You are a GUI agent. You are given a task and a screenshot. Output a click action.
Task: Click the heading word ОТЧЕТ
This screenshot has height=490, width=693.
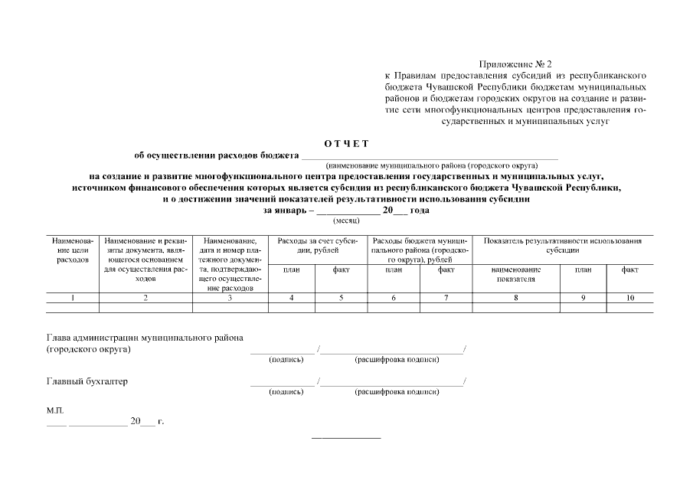coord(346,144)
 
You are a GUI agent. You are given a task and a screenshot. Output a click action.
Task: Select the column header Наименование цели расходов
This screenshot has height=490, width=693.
coord(73,250)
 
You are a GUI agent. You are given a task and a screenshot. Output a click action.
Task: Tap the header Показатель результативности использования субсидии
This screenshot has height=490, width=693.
coord(563,245)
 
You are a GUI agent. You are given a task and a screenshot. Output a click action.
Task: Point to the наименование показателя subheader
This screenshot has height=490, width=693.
coord(515,275)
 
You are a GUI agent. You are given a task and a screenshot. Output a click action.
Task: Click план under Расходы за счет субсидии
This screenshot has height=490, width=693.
coord(291,270)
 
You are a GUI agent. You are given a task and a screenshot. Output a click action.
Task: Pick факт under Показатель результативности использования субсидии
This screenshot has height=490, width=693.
coord(629,270)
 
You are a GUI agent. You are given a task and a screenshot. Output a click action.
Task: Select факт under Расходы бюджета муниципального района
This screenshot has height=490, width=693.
coord(446,270)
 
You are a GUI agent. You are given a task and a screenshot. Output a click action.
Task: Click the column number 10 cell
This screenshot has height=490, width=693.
coord(629,297)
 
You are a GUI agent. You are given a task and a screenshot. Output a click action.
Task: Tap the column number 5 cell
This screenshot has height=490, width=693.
coord(341,297)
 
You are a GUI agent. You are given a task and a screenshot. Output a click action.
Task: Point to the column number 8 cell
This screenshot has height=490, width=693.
coord(515,297)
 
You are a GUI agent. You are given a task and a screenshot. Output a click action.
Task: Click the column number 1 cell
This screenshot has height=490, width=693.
coord(73,297)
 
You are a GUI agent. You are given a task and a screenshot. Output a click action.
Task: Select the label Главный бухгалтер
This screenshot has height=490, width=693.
coord(87,381)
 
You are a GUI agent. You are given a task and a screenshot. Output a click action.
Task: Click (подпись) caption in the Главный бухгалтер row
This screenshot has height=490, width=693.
coord(286,392)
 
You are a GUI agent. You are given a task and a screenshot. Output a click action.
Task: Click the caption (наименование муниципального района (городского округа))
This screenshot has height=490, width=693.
coord(431,165)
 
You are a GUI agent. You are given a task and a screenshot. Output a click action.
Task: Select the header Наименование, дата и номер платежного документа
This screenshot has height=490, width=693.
coord(230,264)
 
